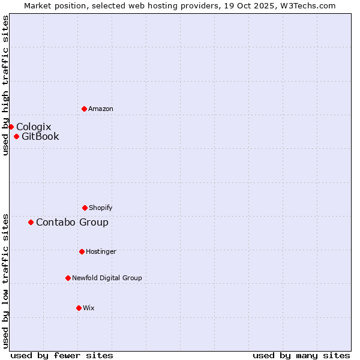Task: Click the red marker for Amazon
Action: point(84,109)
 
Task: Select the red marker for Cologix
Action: point(11,127)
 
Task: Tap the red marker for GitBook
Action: point(16,136)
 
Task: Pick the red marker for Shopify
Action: point(85,208)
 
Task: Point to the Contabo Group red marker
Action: point(31,222)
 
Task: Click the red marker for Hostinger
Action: point(82,251)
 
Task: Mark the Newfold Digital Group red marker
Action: point(68,278)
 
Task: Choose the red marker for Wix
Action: point(79,308)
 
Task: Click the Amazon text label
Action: point(101,109)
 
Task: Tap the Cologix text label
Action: point(34,127)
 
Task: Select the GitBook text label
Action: point(40,136)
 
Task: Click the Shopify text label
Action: point(101,208)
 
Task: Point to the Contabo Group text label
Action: point(72,222)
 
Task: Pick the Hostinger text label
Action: point(101,251)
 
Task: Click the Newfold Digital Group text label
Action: point(107,278)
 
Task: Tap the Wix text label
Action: point(89,308)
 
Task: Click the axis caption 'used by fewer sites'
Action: point(62,355)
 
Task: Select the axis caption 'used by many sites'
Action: point(301,355)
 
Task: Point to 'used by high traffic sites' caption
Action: point(5,85)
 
